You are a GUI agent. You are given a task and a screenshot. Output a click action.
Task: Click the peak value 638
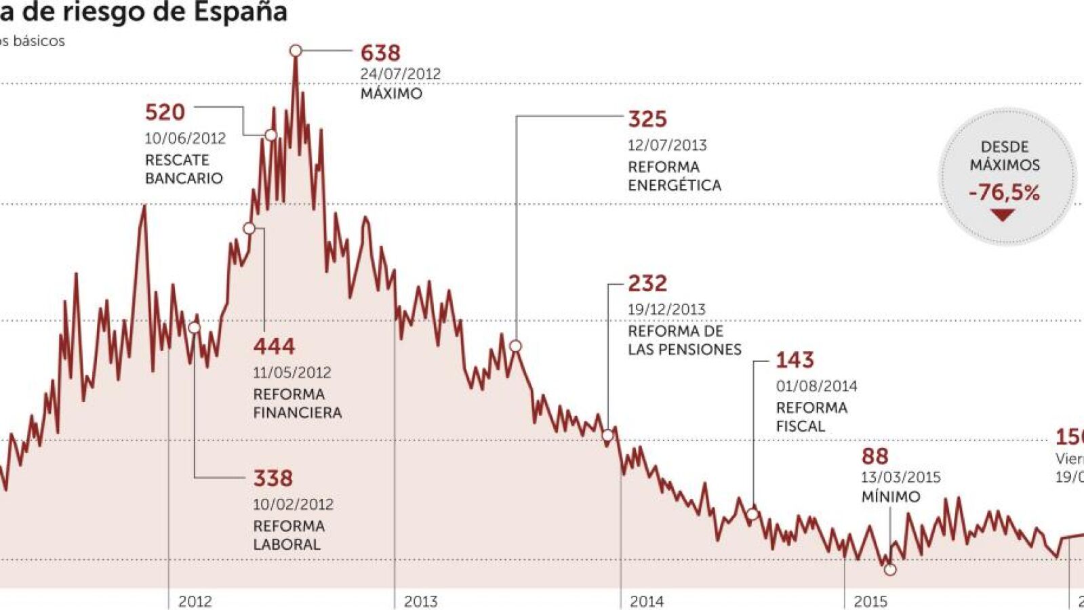coord(380,53)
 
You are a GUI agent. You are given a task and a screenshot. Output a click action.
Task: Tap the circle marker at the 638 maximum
coord(296,50)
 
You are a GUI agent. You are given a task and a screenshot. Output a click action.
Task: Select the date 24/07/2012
coord(400,74)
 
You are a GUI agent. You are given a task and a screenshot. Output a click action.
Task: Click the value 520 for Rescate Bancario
coord(165,113)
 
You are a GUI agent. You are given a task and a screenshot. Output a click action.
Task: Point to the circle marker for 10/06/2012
coord(270,136)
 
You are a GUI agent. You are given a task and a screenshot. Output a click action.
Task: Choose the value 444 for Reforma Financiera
coord(274,346)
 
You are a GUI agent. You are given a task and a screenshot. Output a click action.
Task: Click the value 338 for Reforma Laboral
coord(273,479)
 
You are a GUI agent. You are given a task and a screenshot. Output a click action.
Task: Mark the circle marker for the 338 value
coord(195,327)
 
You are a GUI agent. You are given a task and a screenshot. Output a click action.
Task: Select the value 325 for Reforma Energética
coord(647,119)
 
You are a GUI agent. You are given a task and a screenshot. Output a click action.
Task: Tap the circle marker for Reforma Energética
coord(515,346)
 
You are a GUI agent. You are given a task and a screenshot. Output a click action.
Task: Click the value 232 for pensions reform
coord(647,283)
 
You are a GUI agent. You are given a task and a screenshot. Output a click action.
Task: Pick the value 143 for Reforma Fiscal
coord(795,360)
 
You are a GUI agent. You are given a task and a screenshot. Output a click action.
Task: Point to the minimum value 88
coord(875,457)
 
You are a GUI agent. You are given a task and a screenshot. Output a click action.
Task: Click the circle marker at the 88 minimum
coord(890,570)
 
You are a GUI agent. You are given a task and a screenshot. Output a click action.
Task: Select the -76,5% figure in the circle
coord(1004,193)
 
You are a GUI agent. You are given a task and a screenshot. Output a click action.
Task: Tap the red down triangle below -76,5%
coord(1003,216)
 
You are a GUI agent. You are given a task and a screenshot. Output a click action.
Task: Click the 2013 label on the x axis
coord(420,601)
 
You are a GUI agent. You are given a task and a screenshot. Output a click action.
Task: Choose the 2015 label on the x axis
coord(870,601)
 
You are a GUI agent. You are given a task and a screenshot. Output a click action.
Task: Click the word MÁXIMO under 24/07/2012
coord(391,94)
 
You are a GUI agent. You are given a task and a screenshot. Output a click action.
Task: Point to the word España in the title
coord(241,12)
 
